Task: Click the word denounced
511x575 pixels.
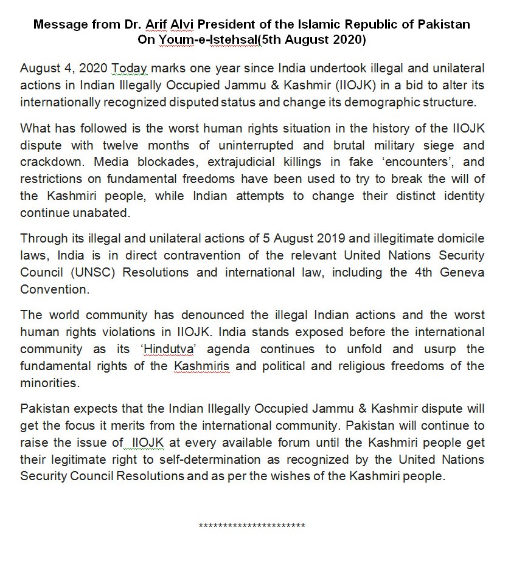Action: [207, 315]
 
